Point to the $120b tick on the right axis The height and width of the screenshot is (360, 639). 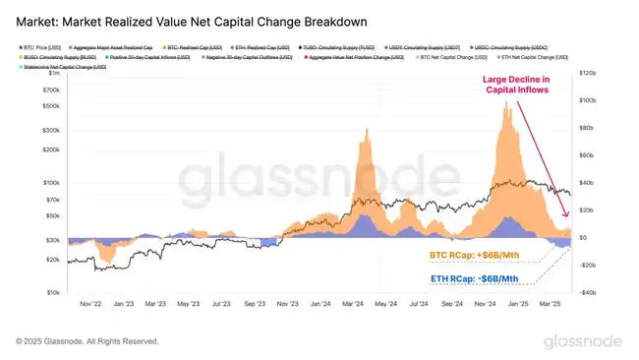588,74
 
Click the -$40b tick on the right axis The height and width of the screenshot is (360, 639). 587,292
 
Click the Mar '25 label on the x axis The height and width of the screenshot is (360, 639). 551,305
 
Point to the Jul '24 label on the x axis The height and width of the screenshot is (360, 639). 420,305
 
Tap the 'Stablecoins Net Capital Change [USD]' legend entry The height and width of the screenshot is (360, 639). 68,67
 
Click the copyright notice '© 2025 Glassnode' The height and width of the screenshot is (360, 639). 86,341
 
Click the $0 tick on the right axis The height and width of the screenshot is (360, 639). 582,238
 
